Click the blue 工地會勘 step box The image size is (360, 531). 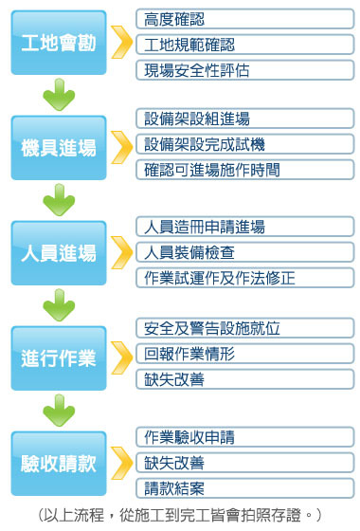click(x=59, y=43)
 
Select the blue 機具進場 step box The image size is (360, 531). click(x=59, y=148)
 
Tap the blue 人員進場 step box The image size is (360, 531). click(x=59, y=253)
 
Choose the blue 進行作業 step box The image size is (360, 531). click(x=59, y=358)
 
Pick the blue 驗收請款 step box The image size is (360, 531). click(x=59, y=464)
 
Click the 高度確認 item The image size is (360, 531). click(x=245, y=19)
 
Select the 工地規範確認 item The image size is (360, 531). click(x=245, y=44)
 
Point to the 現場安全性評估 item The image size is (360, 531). click(x=245, y=69)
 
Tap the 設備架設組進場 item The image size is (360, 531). click(x=245, y=119)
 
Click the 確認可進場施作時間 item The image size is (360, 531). click(x=245, y=170)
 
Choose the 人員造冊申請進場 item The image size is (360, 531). click(x=245, y=227)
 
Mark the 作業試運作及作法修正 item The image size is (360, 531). click(x=245, y=278)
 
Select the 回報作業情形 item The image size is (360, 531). click(x=245, y=354)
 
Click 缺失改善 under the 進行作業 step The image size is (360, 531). click(x=245, y=378)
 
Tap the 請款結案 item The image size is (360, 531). click(x=245, y=488)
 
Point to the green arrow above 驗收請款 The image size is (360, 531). click(x=59, y=411)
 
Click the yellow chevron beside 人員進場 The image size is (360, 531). click(x=121, y=252)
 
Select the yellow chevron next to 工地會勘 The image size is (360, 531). click(x=121, y=43)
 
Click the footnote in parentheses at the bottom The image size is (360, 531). click(x=180, y=515)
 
